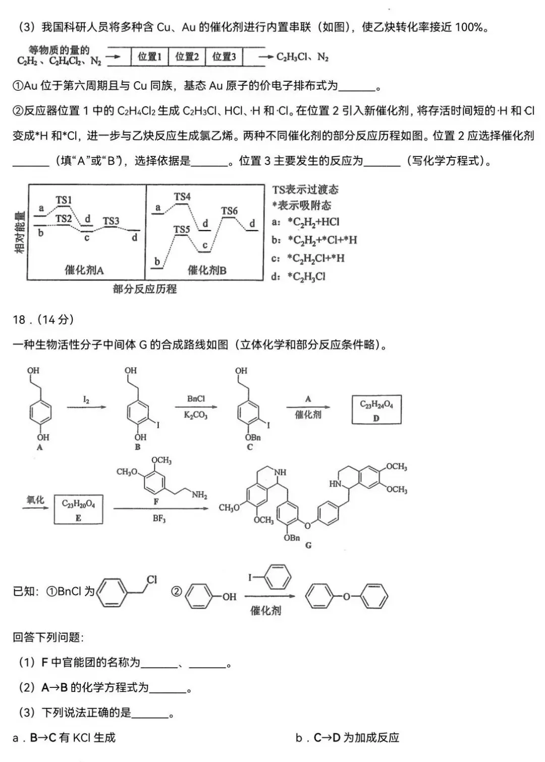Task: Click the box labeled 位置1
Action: pyautogui.click(x=150, y=57)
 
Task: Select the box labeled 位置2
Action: pyautogui.click(x=187, y=57)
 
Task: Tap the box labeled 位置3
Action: pyautogui.click(x=224, y=57)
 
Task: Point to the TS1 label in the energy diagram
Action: pyautogui.click(x=64, y=200)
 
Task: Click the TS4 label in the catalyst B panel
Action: pyautogui.click(x=182, y=197)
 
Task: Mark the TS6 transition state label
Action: pyautogui.click(x=229, y=211)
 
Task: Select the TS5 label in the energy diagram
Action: pyautogui.click(x=182, y=230)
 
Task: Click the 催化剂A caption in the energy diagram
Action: pyautogui.click(x=84, y=270)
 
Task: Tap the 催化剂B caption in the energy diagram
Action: pyautogui.click(x=207, y=270)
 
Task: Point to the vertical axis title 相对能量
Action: pyautogui.click(x=19, y=232)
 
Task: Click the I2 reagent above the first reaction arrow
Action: pyautogui.click(x=86, y=400)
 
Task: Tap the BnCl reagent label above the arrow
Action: pyautogui.click(x=196, y=399)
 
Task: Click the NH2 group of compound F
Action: pyautogui.click(x=199, y=495)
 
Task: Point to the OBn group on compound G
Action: pyautogui.click(x=292, y=538)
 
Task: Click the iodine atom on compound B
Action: pyautogui.click(x=158, y=424)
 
